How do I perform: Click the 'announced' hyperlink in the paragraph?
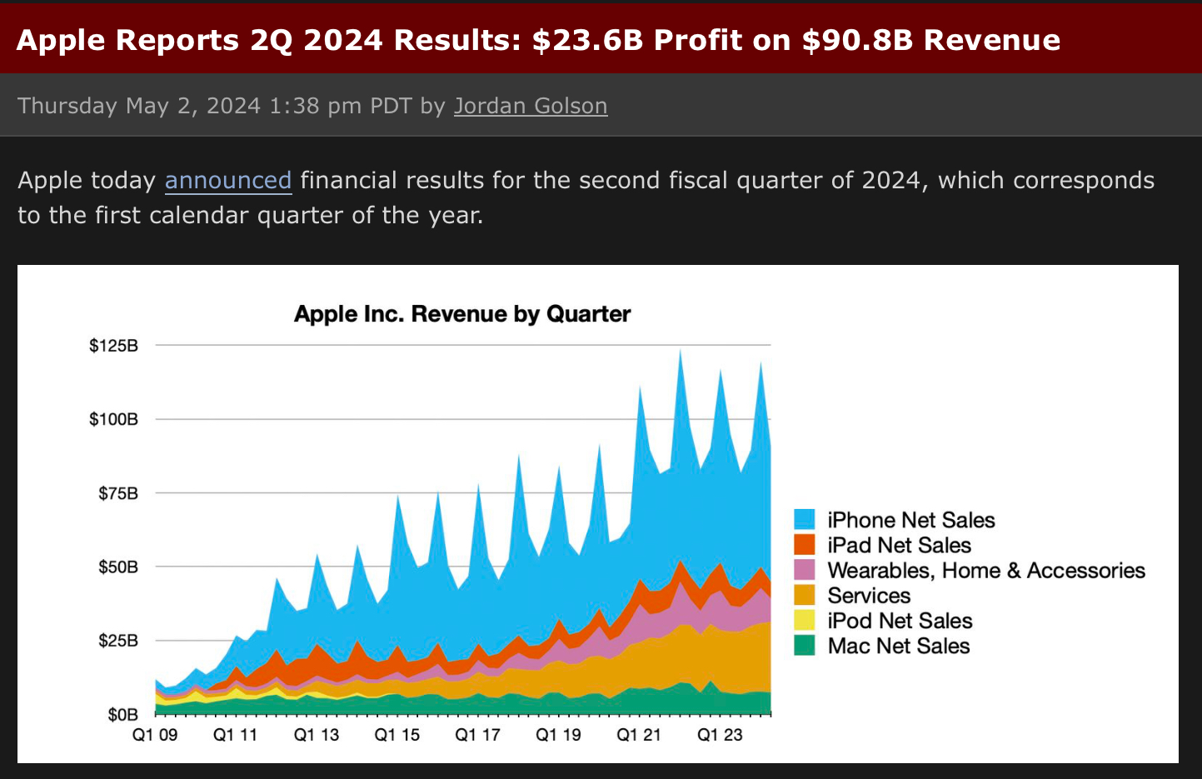(228, 181)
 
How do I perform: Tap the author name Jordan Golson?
(531, 106)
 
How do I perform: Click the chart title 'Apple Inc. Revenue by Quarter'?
(462, 314)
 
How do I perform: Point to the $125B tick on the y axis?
(114, 346)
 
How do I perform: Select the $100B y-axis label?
(114, 419)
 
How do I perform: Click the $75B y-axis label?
(118, 493)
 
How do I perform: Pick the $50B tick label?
(118, 567)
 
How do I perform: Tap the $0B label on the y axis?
(122, 715)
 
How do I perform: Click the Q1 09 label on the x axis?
(156, 735)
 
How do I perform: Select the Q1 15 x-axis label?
(397, 735)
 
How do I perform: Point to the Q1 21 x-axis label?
(639, 735)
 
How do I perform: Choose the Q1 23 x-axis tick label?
(720, 735)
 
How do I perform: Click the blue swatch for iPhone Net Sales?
(805, 520)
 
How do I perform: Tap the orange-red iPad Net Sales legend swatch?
(805, 545)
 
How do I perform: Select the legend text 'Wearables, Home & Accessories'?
(986, 571)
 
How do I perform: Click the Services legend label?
(869, 596)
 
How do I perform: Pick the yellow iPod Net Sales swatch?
(805, 621)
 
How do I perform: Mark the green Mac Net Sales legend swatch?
(805, 646)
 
